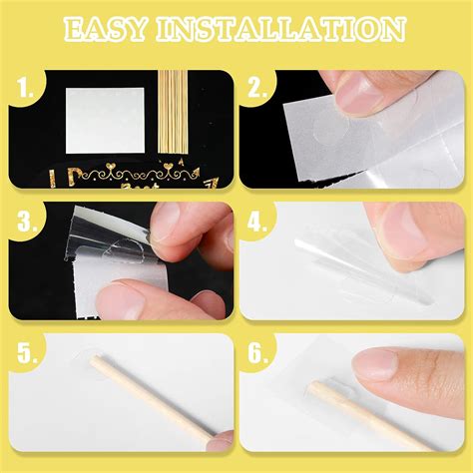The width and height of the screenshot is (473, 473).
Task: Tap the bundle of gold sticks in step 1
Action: coord(174,110)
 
